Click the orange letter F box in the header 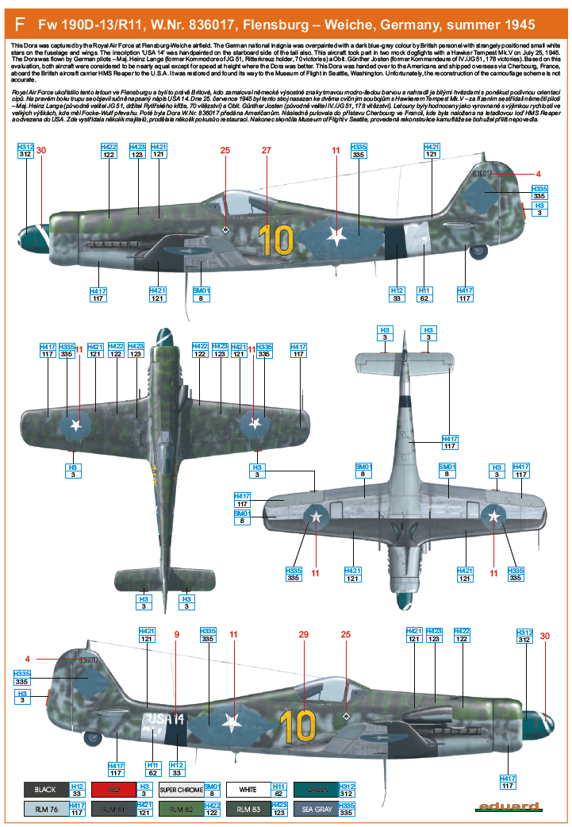coord(17,25)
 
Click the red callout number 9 coord(177,634)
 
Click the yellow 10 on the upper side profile coord(275,241)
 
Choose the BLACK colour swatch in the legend coord(46,790)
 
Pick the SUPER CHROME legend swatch coord(180,790)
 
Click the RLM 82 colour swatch coord(180,810)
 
